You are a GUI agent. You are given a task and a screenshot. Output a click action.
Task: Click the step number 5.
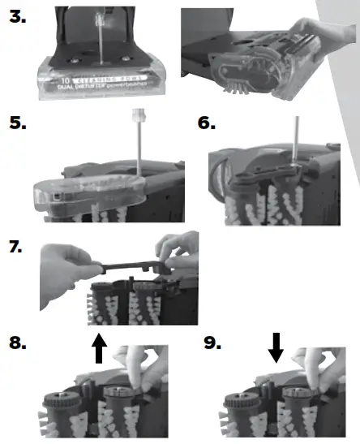pyautogui.click(x=16, y=123)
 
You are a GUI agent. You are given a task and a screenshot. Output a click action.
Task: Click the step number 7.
pyautogui.click(x=16, y=246)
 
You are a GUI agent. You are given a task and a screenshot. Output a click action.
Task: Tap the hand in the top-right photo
pyautogui.click(x=328, y=37)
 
